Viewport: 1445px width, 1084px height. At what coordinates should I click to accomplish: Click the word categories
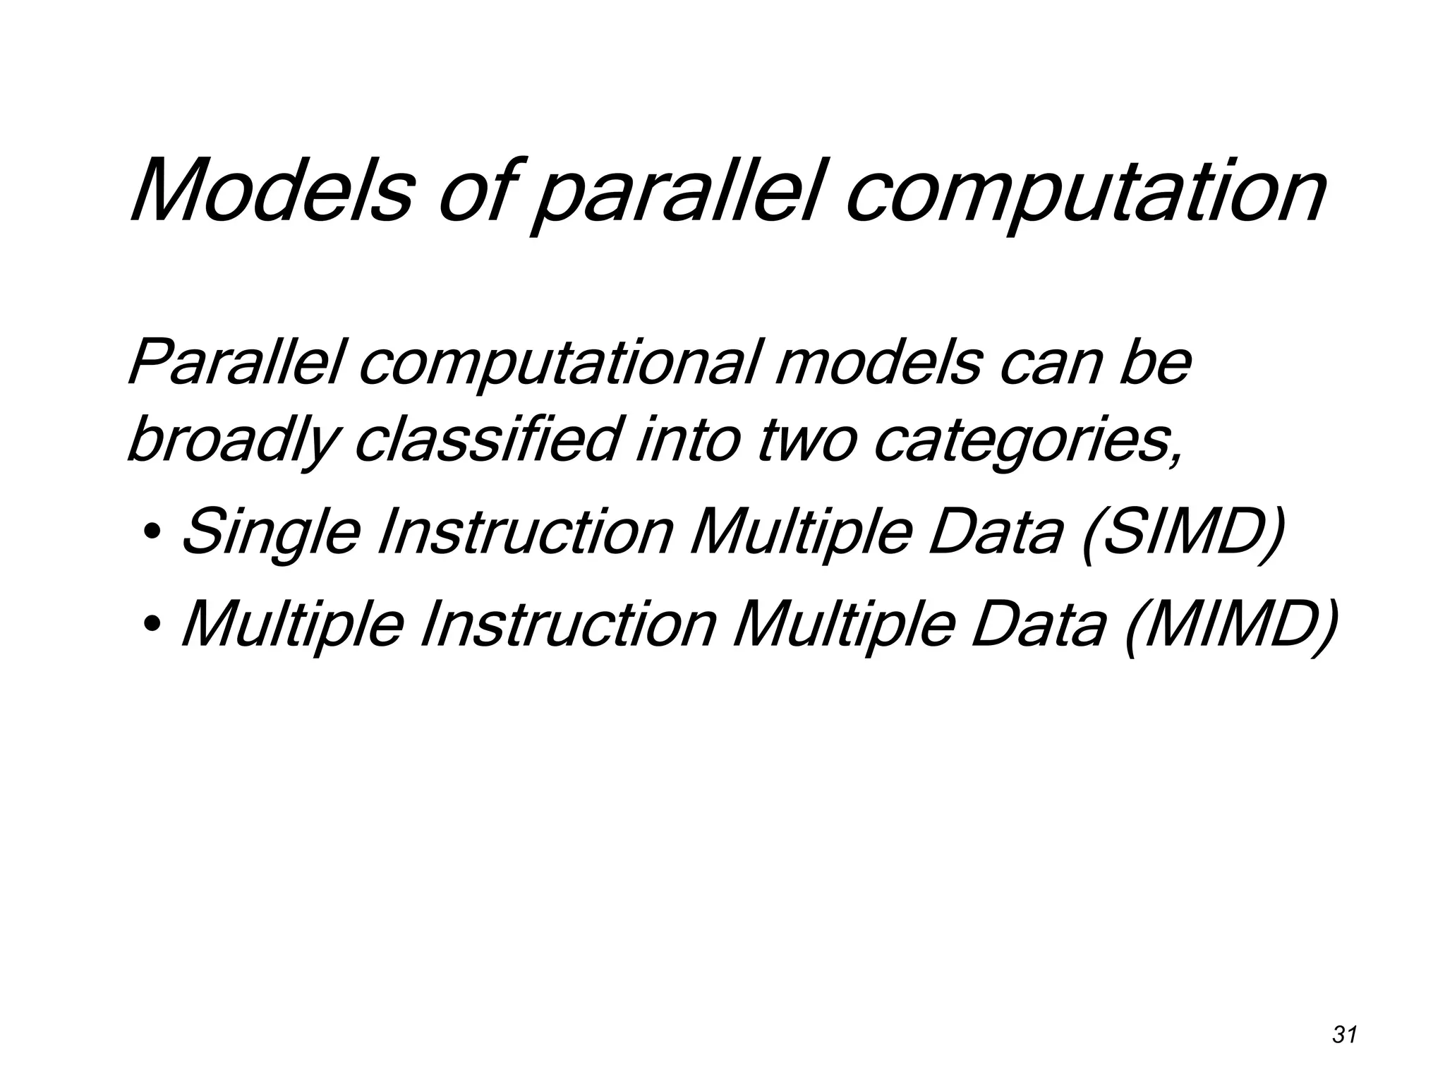pyautogui.click(x=1027, y=441)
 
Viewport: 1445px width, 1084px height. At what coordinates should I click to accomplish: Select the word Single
pyautogui.click(x=272, y=533)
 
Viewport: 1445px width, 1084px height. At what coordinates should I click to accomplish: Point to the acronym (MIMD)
pyautogui.click(x=1231, y=625)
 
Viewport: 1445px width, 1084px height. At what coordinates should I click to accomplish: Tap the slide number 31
pyautogui.click(x=1345, y=1035)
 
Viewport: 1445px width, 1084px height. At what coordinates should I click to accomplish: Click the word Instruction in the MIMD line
pyautogui.click(x=567, y=624)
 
